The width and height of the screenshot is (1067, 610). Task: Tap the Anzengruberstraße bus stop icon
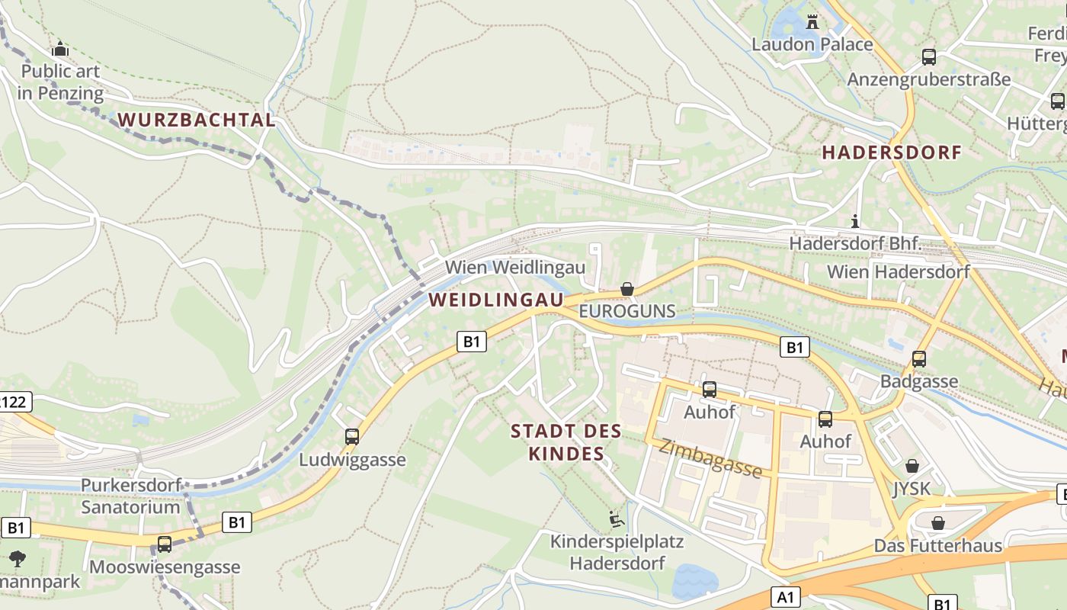pos(928,56)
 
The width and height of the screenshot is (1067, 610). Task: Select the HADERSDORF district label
pos(891,152)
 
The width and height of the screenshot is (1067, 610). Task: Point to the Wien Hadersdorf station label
pos(898,271)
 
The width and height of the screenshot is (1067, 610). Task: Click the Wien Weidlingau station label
pos(515,267)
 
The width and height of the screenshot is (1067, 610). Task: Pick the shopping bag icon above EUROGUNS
pos(626,289)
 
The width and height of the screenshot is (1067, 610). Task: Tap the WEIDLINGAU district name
pos(495,300)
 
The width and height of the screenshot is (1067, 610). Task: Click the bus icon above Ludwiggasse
pos(351,437)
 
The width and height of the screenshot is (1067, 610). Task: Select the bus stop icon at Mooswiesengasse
pos(165,544)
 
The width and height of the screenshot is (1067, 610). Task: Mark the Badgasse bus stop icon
pos(918,358)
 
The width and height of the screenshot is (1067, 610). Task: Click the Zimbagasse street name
pos(710,458)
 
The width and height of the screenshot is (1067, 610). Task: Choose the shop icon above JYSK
pos(912,466)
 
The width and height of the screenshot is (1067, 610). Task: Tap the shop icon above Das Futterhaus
pos(937,523)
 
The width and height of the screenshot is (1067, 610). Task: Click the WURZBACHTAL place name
pos(197,120)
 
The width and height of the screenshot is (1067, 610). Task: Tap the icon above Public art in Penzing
pos(60,50)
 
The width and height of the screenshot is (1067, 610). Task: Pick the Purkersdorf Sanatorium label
pos(130,496)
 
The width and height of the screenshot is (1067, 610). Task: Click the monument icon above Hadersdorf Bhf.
pos(855,222)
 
